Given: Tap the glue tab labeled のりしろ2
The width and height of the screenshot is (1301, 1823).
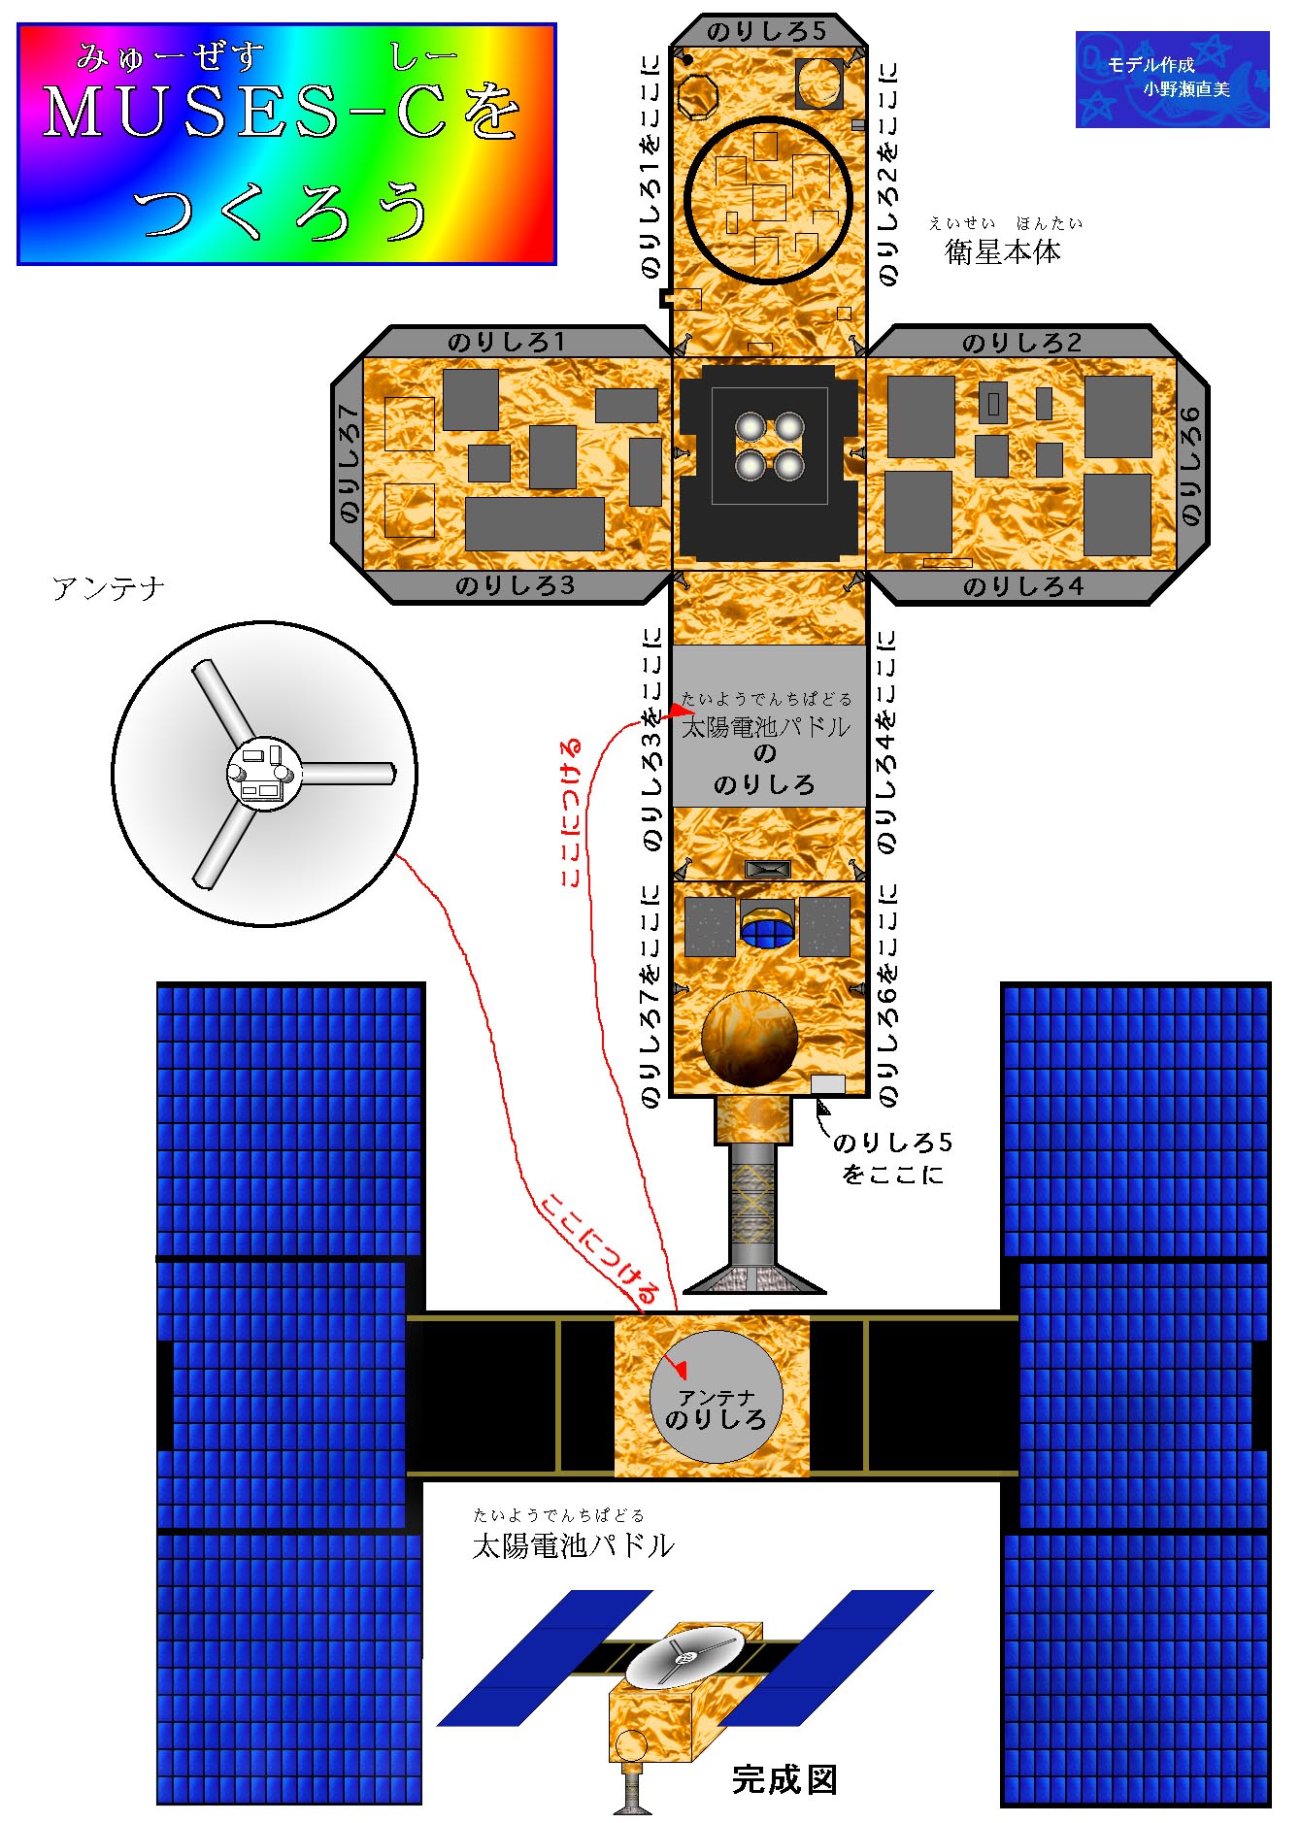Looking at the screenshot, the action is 1021,342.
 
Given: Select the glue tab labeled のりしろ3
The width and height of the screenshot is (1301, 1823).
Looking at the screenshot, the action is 516,585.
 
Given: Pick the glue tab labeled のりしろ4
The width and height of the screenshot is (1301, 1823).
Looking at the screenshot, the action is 1021,586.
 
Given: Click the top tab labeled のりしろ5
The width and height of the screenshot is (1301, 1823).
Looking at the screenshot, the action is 768,31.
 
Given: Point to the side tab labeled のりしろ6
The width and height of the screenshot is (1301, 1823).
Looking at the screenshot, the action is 1192,465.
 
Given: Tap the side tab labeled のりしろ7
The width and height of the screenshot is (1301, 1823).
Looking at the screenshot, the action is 347,465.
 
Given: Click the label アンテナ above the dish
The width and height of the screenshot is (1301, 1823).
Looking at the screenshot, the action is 109,588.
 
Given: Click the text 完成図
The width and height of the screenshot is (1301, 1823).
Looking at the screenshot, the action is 784,1779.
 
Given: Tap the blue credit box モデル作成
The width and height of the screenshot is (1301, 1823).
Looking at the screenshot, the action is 1172,80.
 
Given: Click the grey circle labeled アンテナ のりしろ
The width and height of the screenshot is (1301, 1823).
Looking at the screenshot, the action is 717,1396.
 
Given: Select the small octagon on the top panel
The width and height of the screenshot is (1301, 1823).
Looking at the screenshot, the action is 697,96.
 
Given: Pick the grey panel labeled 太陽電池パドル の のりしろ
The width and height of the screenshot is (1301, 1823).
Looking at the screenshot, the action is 769,725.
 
